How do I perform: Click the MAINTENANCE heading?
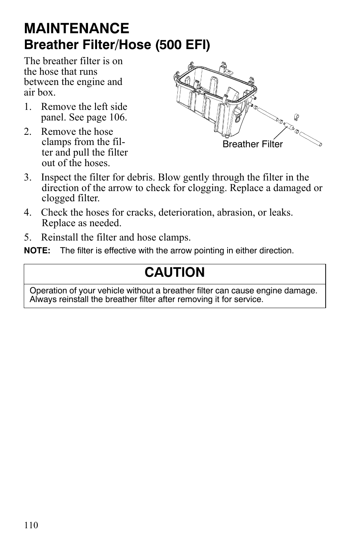pos(76,28)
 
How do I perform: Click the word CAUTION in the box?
pos(174,272)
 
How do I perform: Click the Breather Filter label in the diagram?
pos(252,144)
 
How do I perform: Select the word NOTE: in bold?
pos(37,251)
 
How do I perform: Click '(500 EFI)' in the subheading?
pos(183,45)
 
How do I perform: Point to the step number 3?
pos(27,177)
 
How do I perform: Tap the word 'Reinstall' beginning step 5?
pos(60,237)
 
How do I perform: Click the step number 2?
pos(27,132)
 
